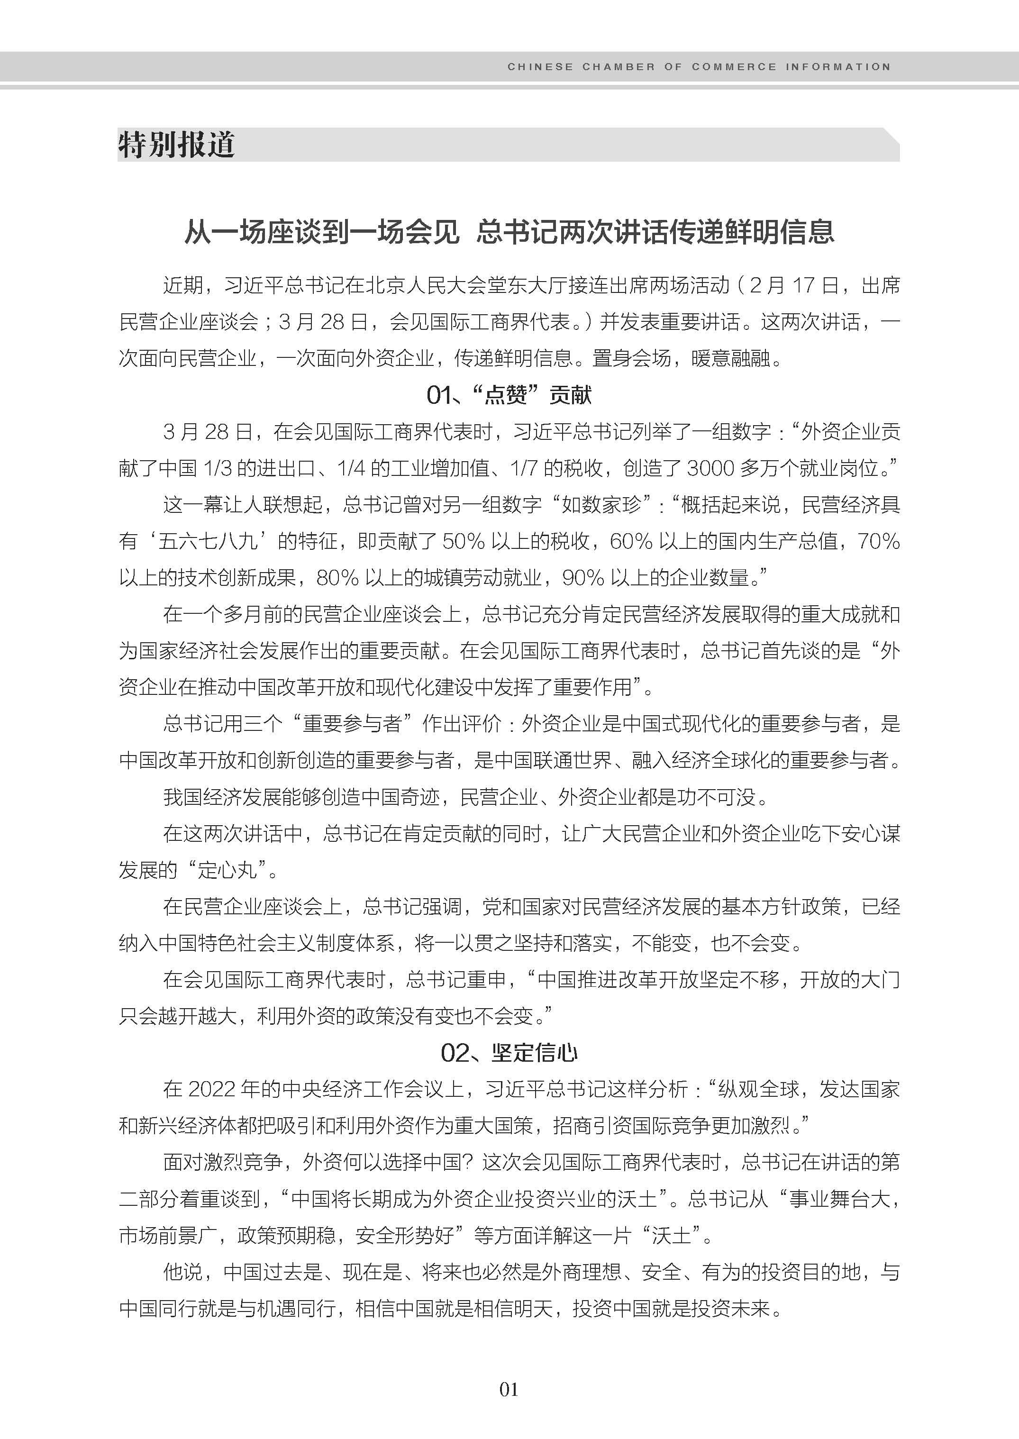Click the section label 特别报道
point(176,145)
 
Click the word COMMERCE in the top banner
point(734,66)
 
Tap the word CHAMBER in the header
point(618,66)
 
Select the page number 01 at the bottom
point(509,1389)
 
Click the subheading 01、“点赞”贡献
point(509,395)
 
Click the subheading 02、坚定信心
point(509,1052)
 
